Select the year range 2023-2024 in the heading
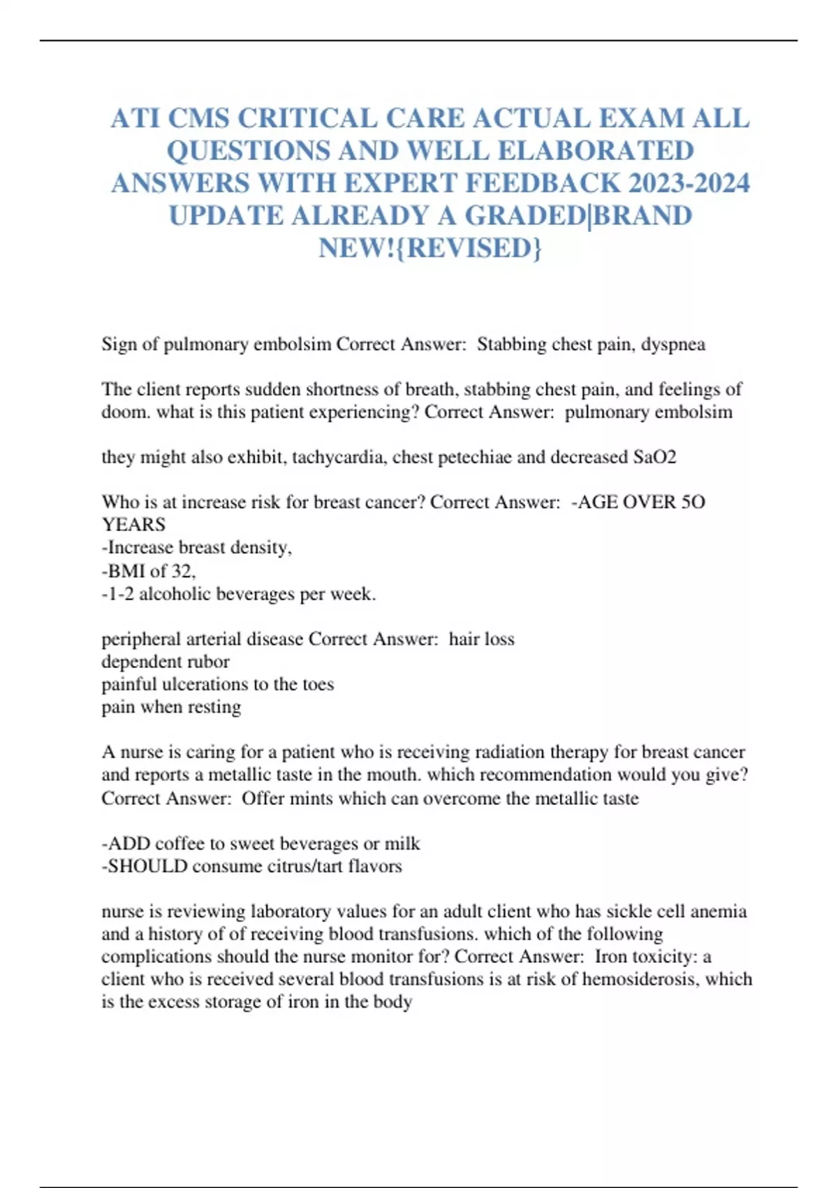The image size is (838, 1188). point(689,184)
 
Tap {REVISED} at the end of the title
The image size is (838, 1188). point(474,248)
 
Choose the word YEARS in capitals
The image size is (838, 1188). point(133,525)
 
